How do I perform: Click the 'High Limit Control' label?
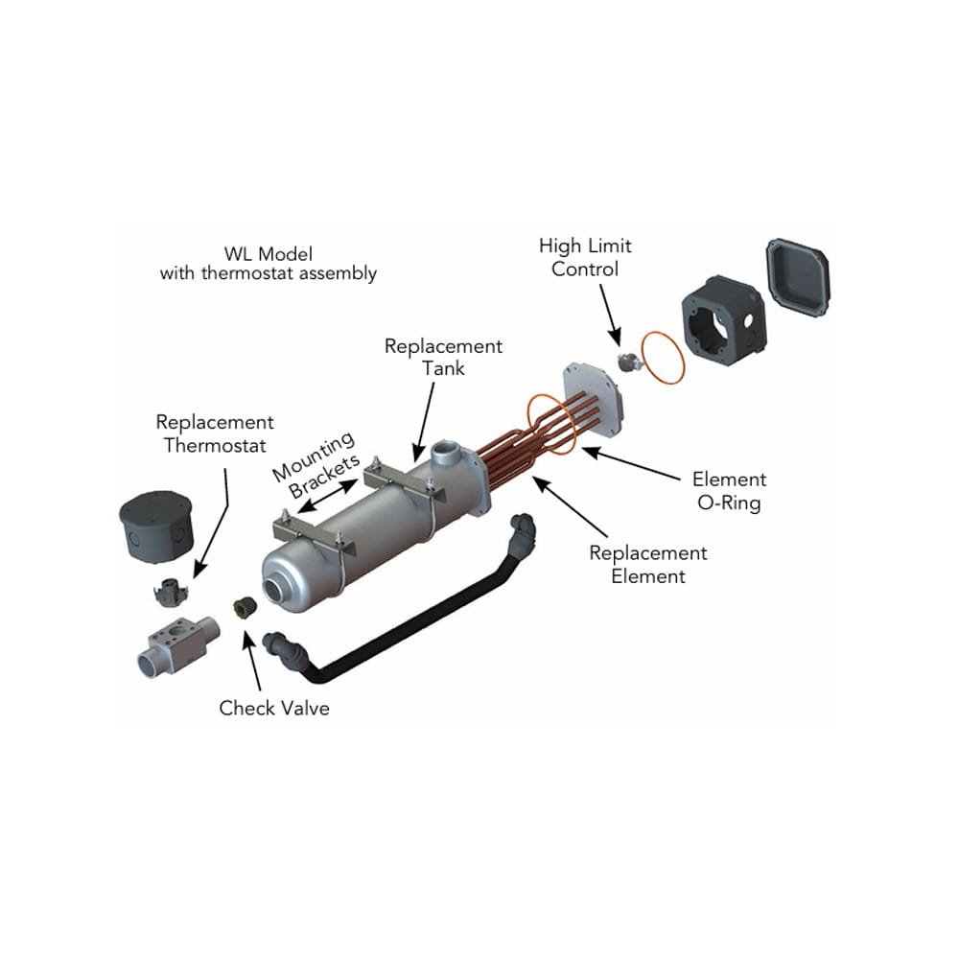[585, 258]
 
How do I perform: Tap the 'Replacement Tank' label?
[443, 356]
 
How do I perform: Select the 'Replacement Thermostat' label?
[214, 433]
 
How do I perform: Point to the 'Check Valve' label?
[274, 709]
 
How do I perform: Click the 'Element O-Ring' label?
[729, 491]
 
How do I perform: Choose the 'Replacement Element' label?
[648, 565]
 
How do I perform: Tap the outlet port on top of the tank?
[446, 451]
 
